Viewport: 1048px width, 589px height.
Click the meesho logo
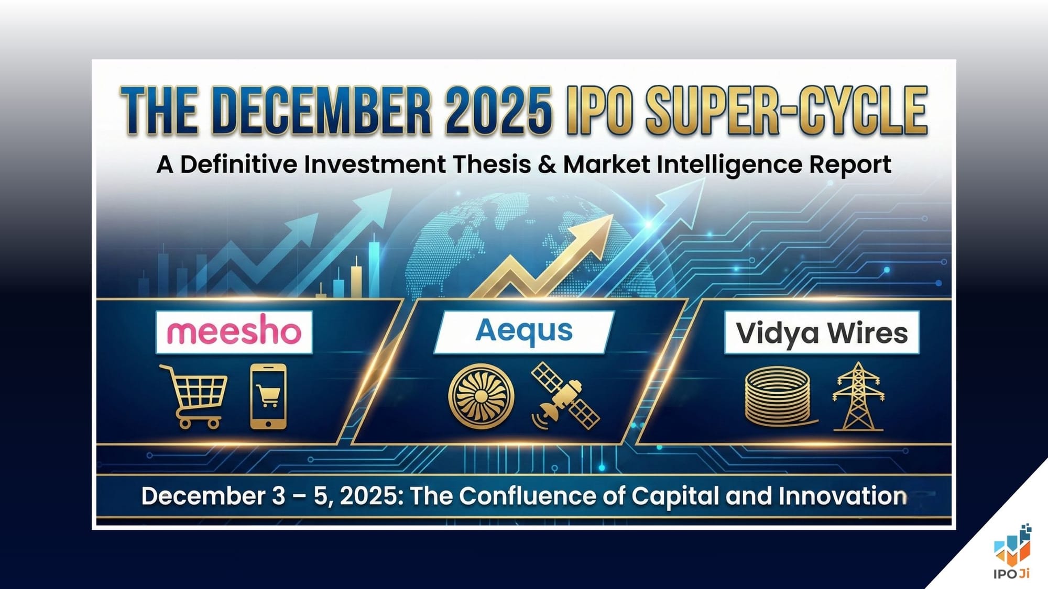(234, 331)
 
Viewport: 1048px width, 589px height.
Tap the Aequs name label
(523, 331)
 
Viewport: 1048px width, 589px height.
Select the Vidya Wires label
(821, 333)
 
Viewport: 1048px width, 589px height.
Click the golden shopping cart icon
(194, 396)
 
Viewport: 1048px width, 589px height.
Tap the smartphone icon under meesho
(268, 396)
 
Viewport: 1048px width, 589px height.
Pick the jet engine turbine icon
(481, 396)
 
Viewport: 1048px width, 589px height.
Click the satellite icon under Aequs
(565, 396)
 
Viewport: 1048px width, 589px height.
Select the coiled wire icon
(778, 396)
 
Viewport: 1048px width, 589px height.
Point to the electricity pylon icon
(858, 396)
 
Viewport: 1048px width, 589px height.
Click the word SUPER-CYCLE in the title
(786, 111)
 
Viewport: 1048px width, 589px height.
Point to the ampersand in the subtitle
(547, 164)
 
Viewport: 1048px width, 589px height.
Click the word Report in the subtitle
(849, 164)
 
